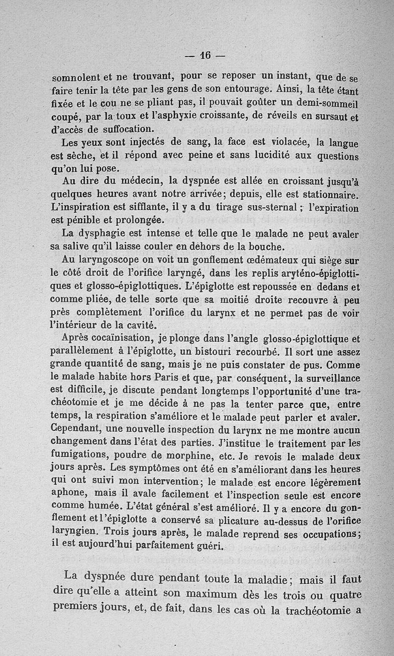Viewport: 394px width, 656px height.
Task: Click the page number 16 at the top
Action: click(205, 56)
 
